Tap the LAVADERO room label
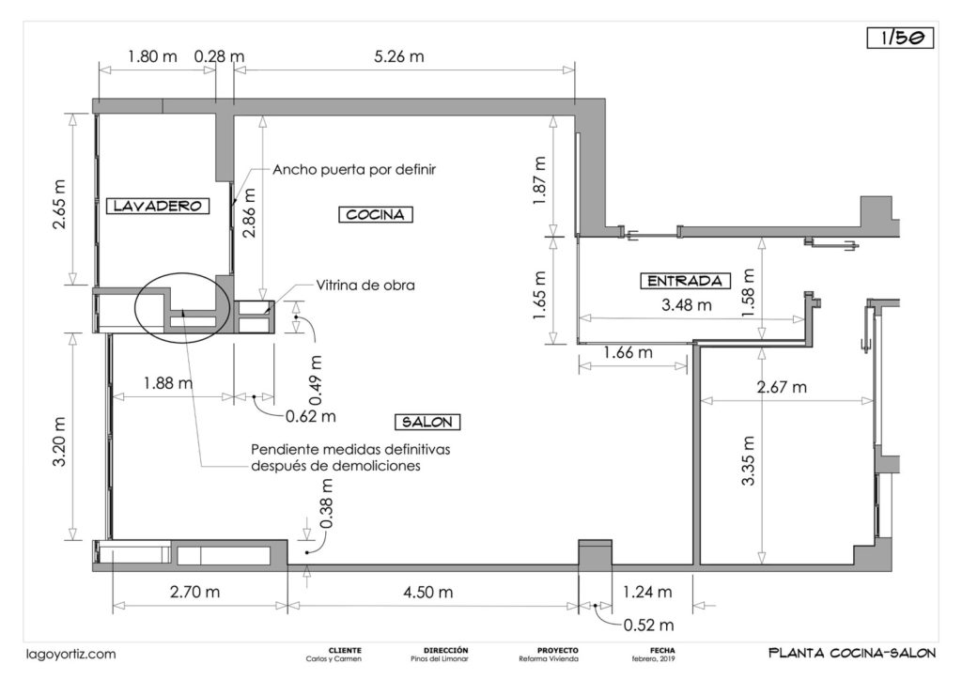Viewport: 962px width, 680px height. click(156, 205)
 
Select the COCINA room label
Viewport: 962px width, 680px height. click(375, 214)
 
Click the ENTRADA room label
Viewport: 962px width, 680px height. click(685, 280)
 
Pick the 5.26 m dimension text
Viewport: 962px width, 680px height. click(398, 56)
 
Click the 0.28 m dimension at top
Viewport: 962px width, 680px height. click(219, 56)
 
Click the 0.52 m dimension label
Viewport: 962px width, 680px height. click(648, 625)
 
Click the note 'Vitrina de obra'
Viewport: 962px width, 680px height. click(365, 285)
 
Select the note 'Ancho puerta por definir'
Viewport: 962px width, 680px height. click(354, 170)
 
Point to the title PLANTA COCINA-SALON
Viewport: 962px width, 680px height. click(848, 653)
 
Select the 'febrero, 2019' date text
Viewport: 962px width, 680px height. click(654, 658)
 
